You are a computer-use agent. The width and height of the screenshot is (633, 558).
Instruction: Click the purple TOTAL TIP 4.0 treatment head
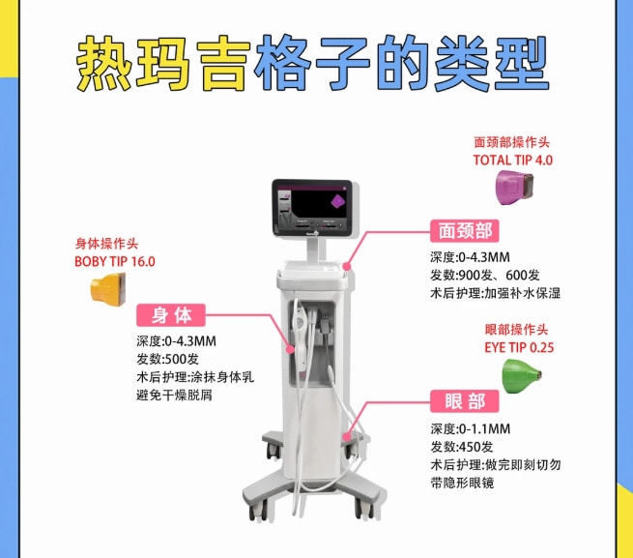coord(514,188)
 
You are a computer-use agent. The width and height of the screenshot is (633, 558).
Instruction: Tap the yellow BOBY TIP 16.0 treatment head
coord(108,288)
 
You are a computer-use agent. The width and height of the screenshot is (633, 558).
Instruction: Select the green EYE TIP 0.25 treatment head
coord(521,376)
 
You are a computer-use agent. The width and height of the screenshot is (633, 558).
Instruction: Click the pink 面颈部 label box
coord(465,231)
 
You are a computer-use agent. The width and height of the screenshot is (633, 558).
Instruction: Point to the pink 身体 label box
coord(171,315)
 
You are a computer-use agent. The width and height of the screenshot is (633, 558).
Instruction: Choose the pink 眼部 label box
coord(465,401)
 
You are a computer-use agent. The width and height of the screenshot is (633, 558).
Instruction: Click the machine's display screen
coord(311,208)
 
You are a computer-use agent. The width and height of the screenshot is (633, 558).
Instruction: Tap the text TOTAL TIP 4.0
coord(513,160)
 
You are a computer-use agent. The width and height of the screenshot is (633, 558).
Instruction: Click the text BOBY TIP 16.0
coord(115,261)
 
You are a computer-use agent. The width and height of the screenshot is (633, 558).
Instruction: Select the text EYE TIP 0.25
coord(519,347)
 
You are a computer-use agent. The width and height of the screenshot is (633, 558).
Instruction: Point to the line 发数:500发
coord(167,359)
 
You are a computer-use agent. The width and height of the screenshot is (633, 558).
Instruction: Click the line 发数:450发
coord(462,447)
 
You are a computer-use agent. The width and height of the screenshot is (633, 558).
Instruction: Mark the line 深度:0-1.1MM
coord(471,428)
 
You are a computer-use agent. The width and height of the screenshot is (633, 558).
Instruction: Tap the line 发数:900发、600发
coord(485,276)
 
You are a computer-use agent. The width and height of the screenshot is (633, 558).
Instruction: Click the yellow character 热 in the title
coord(104,64)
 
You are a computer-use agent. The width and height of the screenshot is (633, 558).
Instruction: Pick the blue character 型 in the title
coord(521,64)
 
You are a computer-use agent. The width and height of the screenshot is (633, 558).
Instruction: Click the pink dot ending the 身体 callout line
coord(290,350)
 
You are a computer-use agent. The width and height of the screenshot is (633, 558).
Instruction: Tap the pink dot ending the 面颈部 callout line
coord(347,267)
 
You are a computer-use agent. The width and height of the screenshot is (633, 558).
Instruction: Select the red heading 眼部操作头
coord(516,330)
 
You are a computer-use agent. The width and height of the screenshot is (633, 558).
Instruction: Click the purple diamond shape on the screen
coord(338,201)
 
